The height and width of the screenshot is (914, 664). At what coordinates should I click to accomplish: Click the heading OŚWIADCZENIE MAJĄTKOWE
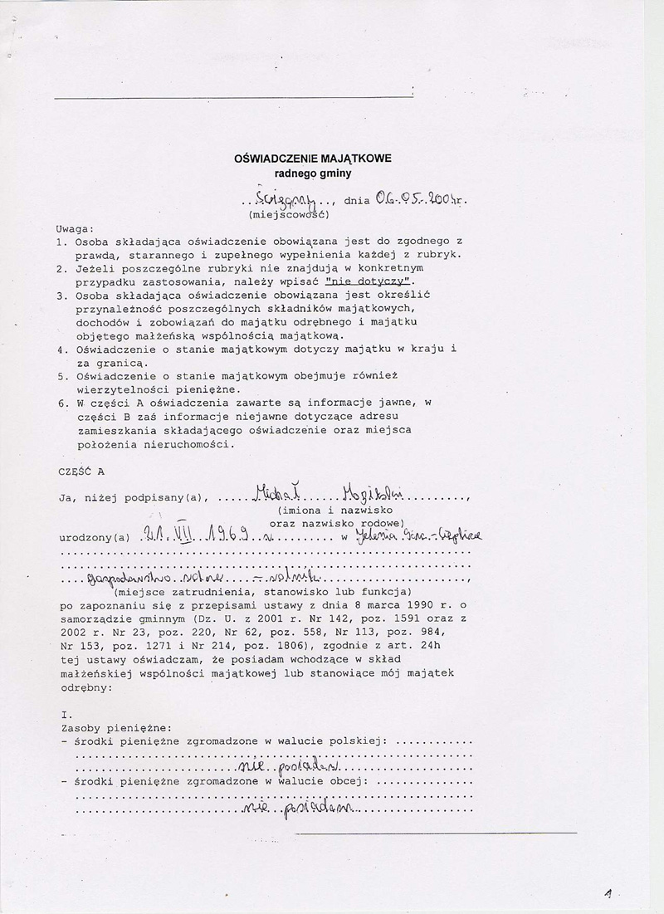[313, 158]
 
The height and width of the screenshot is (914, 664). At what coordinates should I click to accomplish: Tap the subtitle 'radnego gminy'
[313, 174]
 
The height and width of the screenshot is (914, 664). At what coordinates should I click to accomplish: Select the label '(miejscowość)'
[290, 214]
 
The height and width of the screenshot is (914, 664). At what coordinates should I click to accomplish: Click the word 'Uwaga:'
[76, 227]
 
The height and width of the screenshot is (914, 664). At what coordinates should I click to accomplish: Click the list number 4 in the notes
[61, 349]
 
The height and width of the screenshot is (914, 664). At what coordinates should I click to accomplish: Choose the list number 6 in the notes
[61, 403]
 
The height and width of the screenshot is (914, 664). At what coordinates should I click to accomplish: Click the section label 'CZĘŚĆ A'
[81, 471]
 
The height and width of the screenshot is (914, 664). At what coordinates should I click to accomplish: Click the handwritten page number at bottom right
[608, 894]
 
